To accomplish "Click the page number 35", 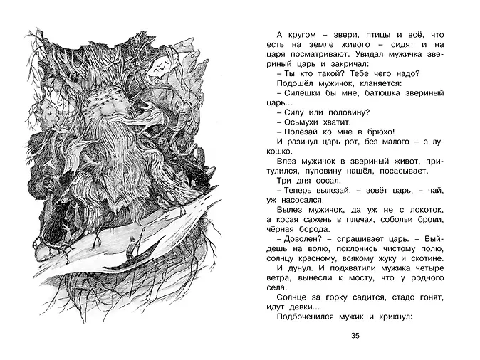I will (356, 337).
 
